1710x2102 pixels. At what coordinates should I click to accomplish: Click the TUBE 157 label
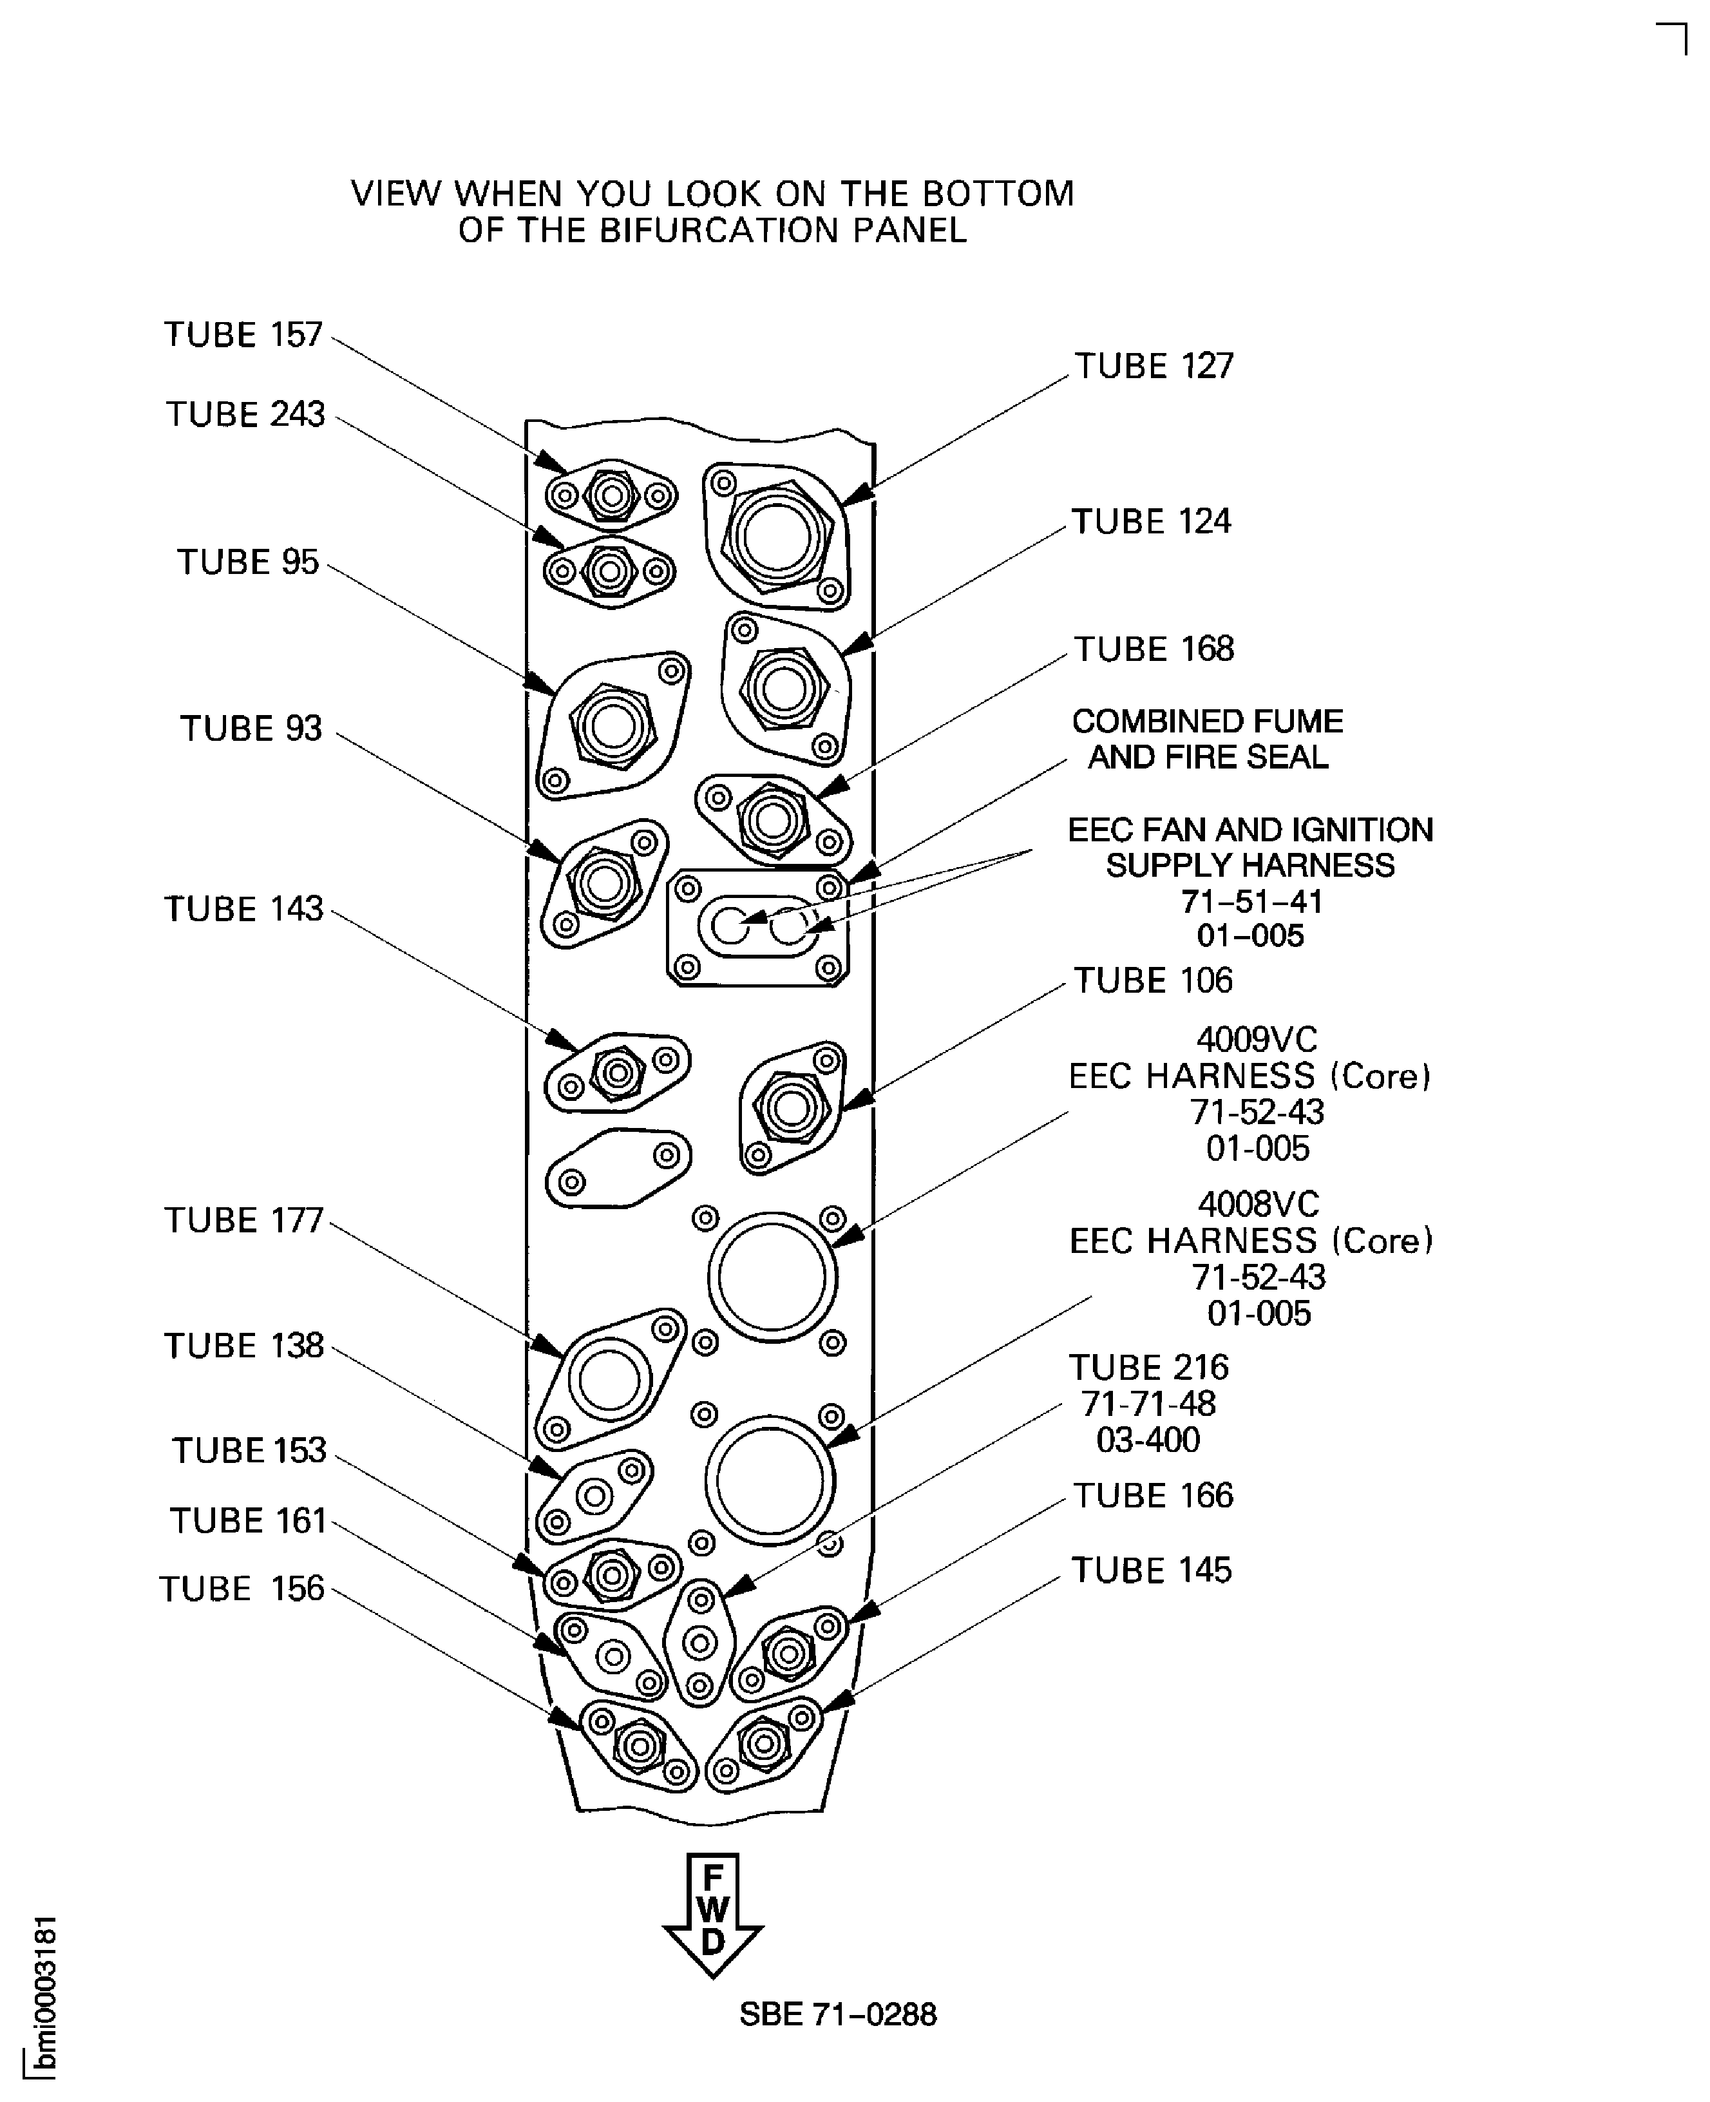[x=243, y=335]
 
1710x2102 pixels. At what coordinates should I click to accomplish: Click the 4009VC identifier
[x=1256, y=1039]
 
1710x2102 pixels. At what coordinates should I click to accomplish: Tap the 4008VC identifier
[x=1258, y=1204]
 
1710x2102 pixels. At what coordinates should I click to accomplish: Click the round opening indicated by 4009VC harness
[x=772, y=1277]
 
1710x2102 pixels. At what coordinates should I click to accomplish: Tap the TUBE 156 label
[x=242, y=1589]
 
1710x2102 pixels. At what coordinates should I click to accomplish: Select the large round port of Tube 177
[x=609, y=1380]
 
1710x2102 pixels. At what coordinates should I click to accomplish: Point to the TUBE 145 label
[x=1150, y=1570]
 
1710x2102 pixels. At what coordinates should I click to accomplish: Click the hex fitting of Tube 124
[x=784, y=687]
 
